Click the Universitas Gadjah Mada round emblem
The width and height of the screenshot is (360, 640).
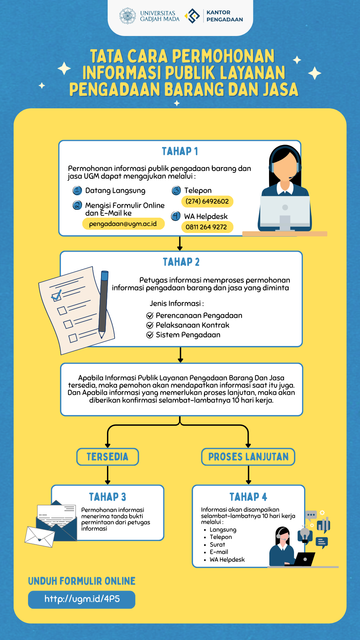(128, 16)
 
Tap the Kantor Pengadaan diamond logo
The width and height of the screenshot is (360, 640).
(192, 16)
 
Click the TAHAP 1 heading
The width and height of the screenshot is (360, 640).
(180, 151)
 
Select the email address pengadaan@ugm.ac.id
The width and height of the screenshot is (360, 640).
(123, 224)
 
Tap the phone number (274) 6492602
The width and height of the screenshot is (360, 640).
(207, 201)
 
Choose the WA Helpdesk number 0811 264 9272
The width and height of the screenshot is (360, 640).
(206, 227)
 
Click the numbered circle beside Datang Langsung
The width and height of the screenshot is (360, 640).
(77, 191)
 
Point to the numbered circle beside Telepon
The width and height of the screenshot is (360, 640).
(176, 191)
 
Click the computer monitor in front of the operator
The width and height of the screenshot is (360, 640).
(285, 210)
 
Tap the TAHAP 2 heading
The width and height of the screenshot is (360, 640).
(181, 262)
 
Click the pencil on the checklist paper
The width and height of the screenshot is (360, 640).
(103, 303)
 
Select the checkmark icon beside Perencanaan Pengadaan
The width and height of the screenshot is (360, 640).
(150, 316)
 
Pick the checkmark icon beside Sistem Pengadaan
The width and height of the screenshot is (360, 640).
(150, 335)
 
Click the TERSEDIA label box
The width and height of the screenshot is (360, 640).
(107, 457)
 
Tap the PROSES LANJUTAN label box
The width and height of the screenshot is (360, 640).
(248, 457)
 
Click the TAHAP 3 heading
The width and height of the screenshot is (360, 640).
(107, 497)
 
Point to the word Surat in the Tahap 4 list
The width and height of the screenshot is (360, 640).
(217, 545)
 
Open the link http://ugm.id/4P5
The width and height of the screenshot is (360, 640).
(82, 599)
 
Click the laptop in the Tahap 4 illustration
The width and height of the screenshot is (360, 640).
(304, 559)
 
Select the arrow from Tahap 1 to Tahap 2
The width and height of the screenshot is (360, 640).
(180, 244)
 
